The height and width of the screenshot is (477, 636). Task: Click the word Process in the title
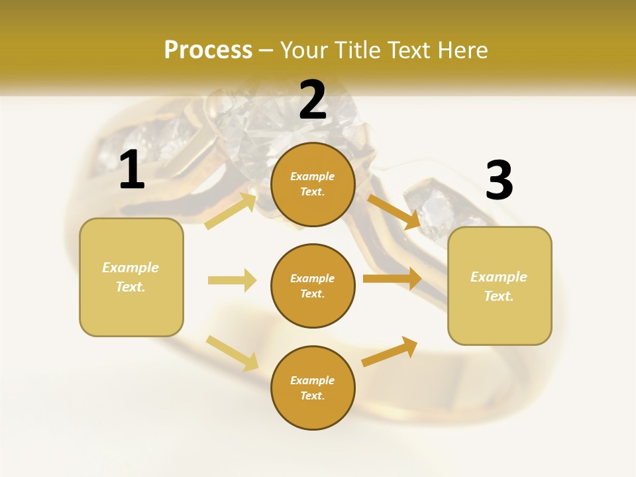pyautogui.click(x=208, y=50)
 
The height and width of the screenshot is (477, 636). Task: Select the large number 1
pyautogui.click(x=132, y=170)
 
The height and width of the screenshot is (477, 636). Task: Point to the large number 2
pyautogui.click(x=313, y=99)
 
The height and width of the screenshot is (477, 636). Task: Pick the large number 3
pyautogui.click(x=499, y=181)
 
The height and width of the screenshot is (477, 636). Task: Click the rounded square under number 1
pyautogui.click(x=131, y=277)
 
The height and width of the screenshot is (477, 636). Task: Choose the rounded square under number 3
pyautogui.click(x=500, y=286)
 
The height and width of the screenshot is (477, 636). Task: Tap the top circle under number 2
pyautogui.click(x=313, y=184)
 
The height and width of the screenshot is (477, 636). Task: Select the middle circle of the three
pyautogui.click(x=313, y=286)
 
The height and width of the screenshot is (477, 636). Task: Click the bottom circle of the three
pyautogui.click(x=313, y=388)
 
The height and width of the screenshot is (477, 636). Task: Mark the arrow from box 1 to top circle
pyautogui.click(x=231, y=211)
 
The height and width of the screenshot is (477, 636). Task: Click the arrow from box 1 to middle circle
pyautogui.click(x=232, y=280)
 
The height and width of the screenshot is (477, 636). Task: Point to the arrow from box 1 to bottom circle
pyautogui.click(x=232, y=352)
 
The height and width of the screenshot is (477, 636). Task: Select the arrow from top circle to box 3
pyautogui.click(x=394, y=211)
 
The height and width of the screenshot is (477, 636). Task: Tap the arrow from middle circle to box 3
pyautogui.click(x=392, y=278)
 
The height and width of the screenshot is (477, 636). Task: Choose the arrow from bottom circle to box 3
pyautogui.click(x=390, y=352)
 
